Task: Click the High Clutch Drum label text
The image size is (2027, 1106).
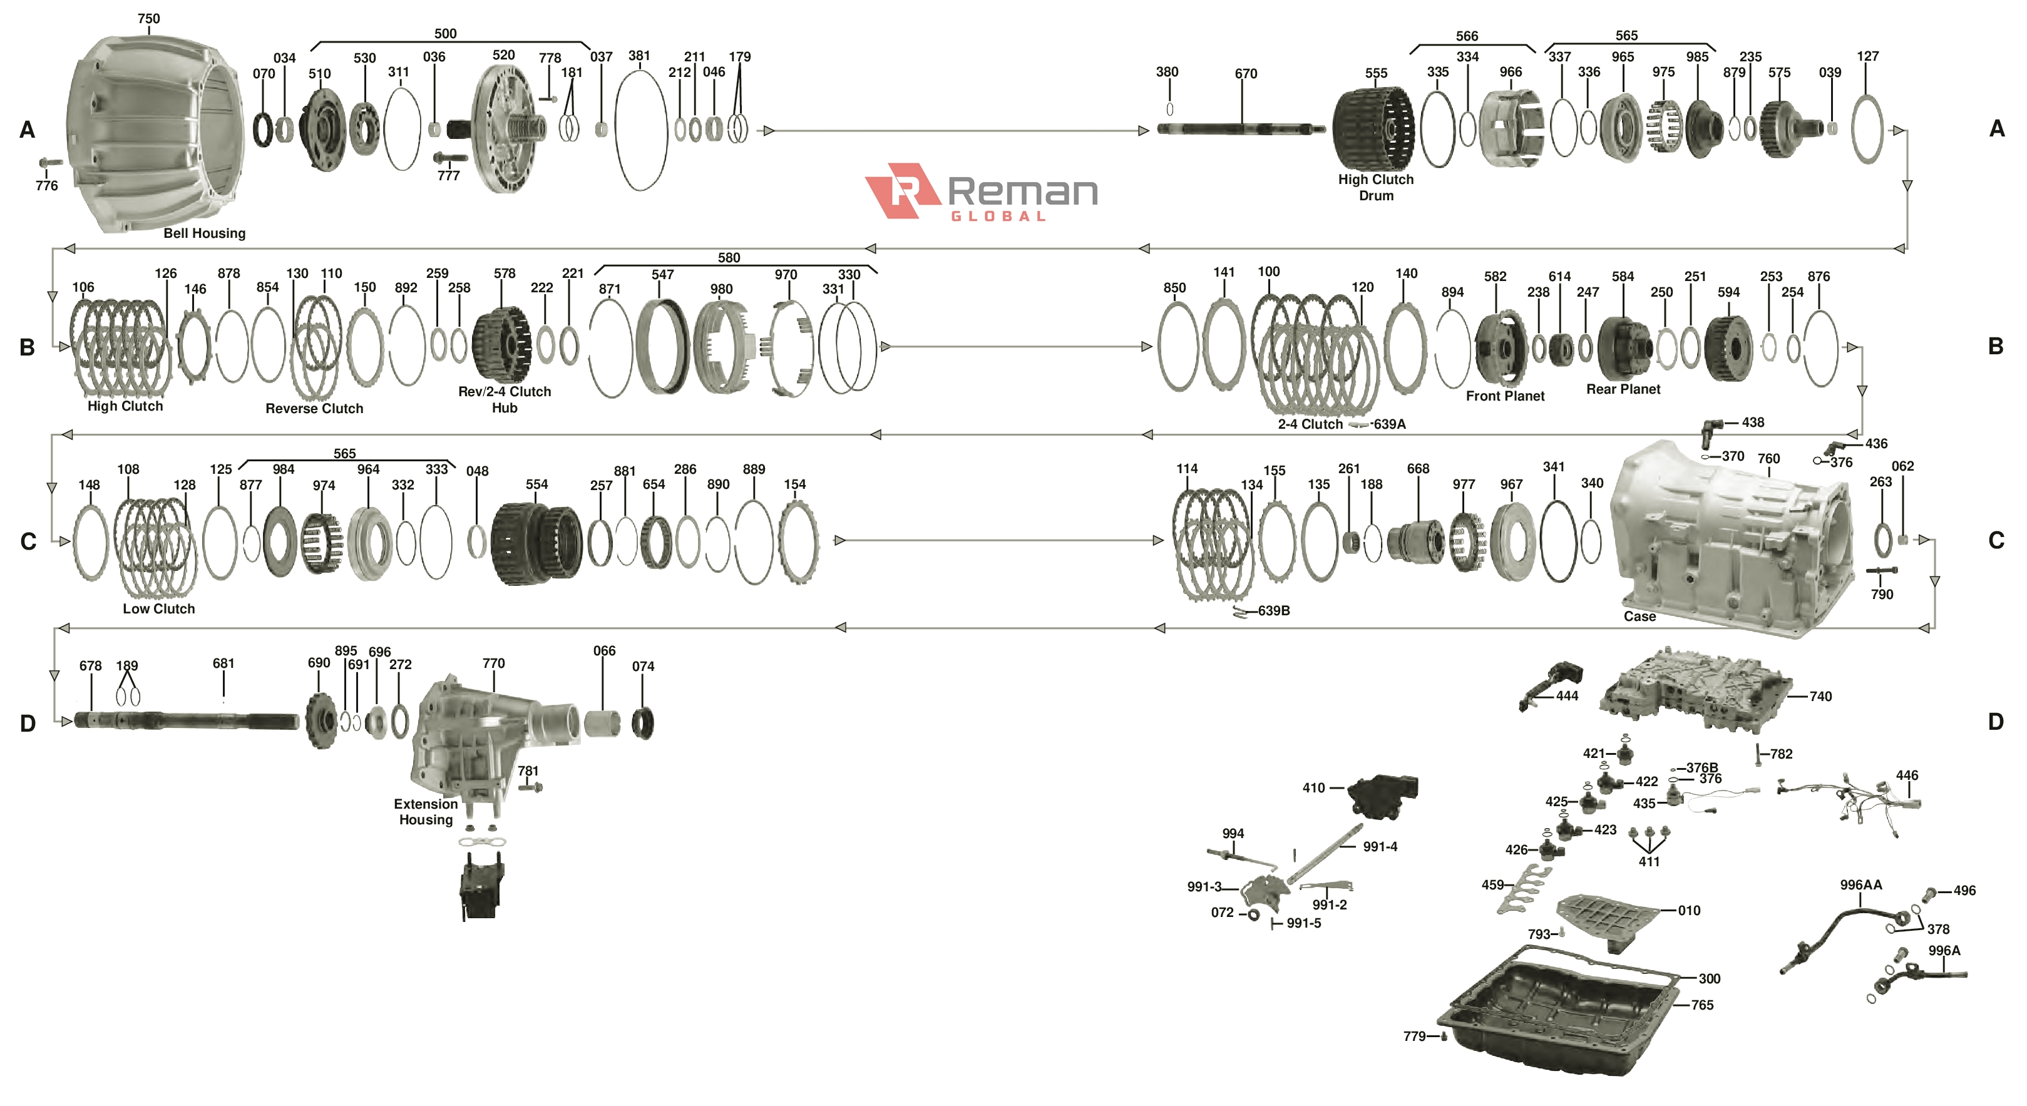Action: (1375, 187)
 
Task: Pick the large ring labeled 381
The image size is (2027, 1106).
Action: (640, 130)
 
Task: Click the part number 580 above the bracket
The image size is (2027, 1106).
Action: (729, 258)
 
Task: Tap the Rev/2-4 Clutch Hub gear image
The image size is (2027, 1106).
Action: (502, 344)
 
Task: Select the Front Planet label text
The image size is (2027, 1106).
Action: (1504, 396)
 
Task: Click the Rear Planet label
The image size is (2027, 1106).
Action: (1623, 389)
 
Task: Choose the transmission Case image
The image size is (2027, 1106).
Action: (1731, 543)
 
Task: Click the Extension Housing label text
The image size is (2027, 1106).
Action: (426, 812)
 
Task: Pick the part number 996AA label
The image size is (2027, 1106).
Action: (1861, 885)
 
